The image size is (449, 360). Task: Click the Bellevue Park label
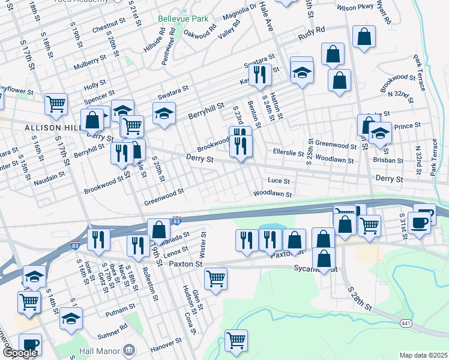178,19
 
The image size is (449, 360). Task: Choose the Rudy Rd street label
312,29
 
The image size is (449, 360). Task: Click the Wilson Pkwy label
355,8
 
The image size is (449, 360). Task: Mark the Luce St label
279,181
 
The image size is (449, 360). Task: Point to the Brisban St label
387,160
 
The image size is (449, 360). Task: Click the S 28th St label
360,298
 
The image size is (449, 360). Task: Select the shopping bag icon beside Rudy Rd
364,37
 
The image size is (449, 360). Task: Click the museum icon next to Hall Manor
129,349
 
